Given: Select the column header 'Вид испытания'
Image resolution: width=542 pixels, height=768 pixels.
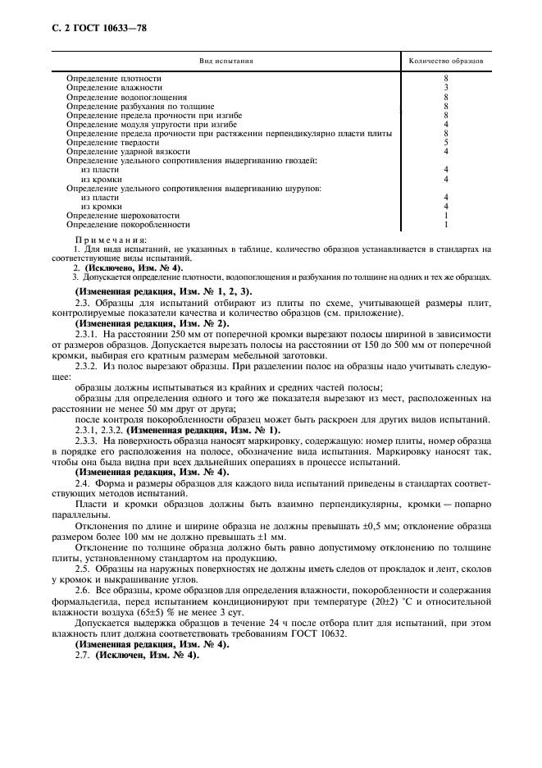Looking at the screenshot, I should coord(226,61).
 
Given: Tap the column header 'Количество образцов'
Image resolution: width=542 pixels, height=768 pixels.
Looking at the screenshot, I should coord(445,61).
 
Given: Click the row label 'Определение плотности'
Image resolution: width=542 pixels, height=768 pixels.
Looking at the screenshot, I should coord(113,78).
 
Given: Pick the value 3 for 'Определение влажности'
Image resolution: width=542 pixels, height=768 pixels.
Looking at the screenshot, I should coord(445,87).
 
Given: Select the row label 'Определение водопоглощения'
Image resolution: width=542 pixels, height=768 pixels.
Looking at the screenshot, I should coord(126,96).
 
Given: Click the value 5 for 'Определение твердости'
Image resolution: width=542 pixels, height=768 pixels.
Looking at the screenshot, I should coord(445,142).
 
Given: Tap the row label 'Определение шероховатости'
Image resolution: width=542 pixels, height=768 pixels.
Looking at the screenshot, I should coord(122,215).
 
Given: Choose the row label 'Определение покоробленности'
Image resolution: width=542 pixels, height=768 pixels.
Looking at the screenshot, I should coord(128,224).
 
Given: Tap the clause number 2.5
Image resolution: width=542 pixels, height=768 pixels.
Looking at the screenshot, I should coord(82,568).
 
